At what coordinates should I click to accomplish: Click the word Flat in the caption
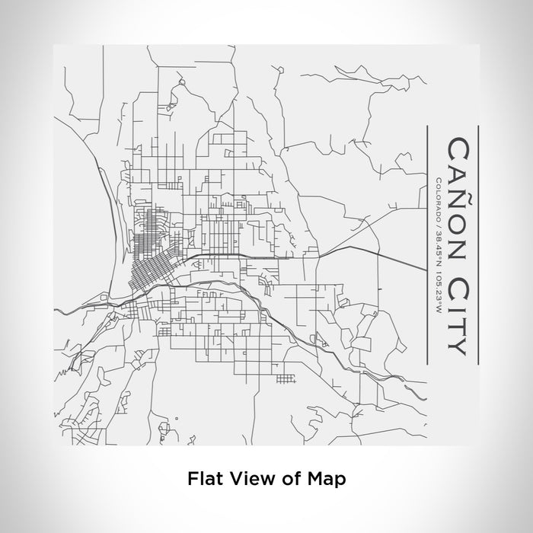(202, 479)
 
